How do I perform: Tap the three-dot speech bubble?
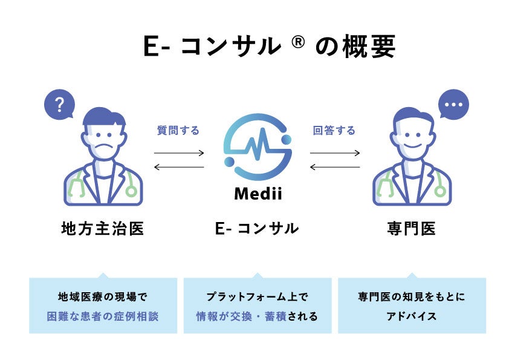(453, 105)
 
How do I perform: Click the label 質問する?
(178, 130)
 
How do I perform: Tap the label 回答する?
(334, 130)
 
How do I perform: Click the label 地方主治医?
(103, 229)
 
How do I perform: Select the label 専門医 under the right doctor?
(412, 229)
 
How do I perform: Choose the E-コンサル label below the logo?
(257, 229)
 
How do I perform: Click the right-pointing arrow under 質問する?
(179, 153)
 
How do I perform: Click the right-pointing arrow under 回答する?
(335, 153)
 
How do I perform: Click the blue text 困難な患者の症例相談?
(103, 316)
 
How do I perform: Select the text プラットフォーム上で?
(257, 297)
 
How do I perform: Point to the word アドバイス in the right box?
(412, 316)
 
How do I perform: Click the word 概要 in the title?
(369, 47)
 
